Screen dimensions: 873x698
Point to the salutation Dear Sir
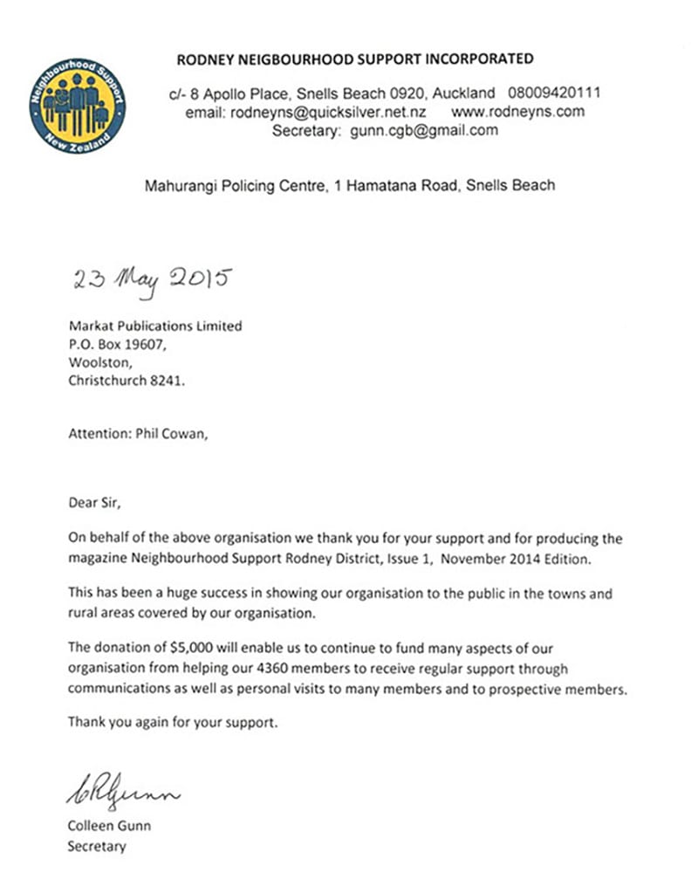click(x=96, y=502)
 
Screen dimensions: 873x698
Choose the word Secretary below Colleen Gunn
click(x=96, y=846)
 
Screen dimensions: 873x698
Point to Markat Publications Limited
click(x=154, y=326)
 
